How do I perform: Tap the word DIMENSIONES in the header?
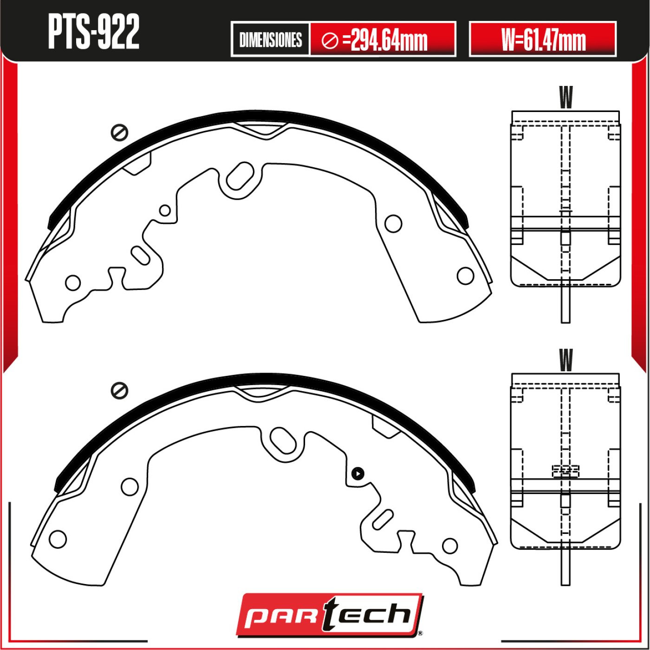pos(271,40)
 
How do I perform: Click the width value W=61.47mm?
pos(543,40)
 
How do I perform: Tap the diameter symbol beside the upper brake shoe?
pos(119,133)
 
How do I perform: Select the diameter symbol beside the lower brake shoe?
pos(119,391)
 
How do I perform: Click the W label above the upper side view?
pos(565,97)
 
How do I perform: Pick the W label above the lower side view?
pos(565,360)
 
